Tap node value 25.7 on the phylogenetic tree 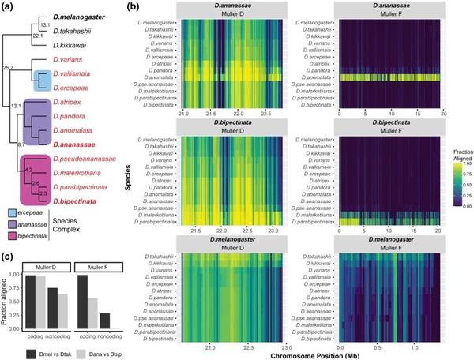[8, 69]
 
